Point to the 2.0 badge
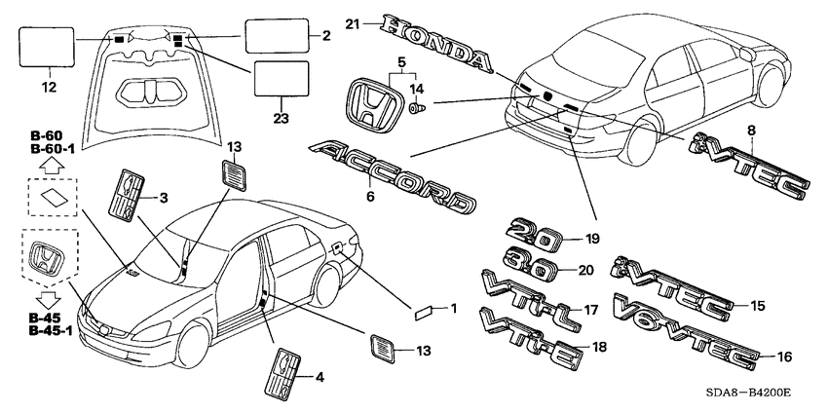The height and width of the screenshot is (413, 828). coord(534,235)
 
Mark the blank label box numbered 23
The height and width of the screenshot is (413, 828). coord(280,79)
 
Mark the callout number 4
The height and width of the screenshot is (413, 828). coord(319,376)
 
